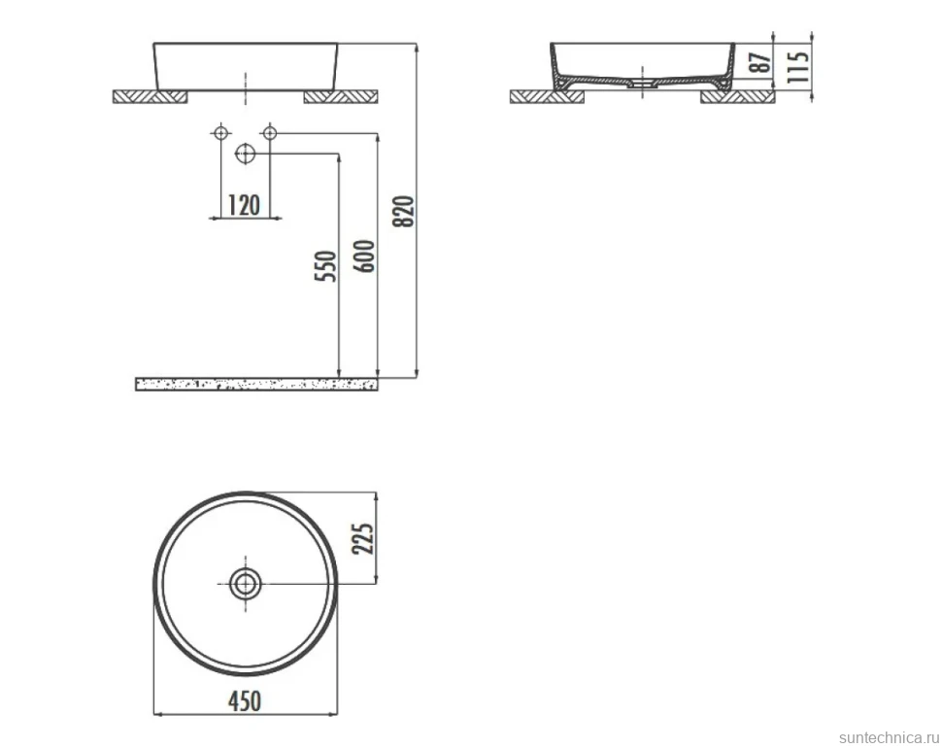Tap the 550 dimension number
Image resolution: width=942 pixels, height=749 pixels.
click(x=325, y=266)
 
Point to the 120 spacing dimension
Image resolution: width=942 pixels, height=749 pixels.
click(x=244, y=205)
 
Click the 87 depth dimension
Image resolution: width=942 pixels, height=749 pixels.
click(x=761, y=62)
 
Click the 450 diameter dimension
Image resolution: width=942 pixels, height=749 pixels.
click(x=245, y=700)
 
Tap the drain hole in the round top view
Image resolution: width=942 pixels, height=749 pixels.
click(x=245, y=583)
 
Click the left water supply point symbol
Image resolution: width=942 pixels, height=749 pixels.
click(x=221, y=132)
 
